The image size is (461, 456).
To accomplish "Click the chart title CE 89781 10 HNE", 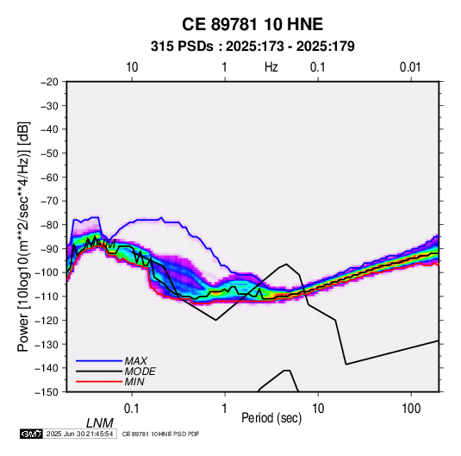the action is (252, 24).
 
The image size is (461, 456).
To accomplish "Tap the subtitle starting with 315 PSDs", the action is (252, 47).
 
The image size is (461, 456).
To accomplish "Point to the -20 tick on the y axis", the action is (49, 82).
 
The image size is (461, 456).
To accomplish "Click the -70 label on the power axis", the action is (49, 201).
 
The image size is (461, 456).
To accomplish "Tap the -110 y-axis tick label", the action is (47, 297).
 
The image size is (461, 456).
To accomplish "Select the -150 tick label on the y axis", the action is (47, 392).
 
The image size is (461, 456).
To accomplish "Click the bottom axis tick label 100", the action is (411, 409).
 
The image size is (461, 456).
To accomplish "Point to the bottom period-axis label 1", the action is (225, 409).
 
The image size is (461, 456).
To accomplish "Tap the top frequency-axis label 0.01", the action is (410, 67).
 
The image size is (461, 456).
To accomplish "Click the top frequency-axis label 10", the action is (132, 67).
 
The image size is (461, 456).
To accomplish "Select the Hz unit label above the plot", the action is (271, 67).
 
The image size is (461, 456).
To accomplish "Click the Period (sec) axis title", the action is (271, 418).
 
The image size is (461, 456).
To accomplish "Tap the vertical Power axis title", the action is (23, 237).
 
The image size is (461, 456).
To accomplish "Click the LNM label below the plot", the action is (100, 423).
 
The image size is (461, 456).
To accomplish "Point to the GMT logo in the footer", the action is (32, 434).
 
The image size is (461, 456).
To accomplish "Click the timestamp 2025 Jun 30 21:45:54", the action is (79, 434).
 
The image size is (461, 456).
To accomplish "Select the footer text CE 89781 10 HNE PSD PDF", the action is (160, 434).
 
